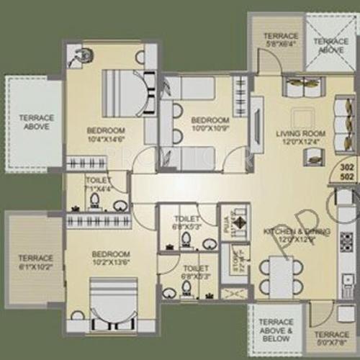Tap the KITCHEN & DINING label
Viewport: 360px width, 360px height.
pos(297,235)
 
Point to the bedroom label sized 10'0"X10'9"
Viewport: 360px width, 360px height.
pos(210,124)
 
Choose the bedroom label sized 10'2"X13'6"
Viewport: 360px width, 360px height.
pos(110,258)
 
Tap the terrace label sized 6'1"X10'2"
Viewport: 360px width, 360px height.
pos(35,262)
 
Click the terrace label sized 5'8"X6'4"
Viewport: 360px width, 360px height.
pos(281,40)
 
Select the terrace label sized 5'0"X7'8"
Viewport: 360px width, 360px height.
pos(332,338)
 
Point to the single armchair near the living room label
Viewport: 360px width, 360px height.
pos(348,115)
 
